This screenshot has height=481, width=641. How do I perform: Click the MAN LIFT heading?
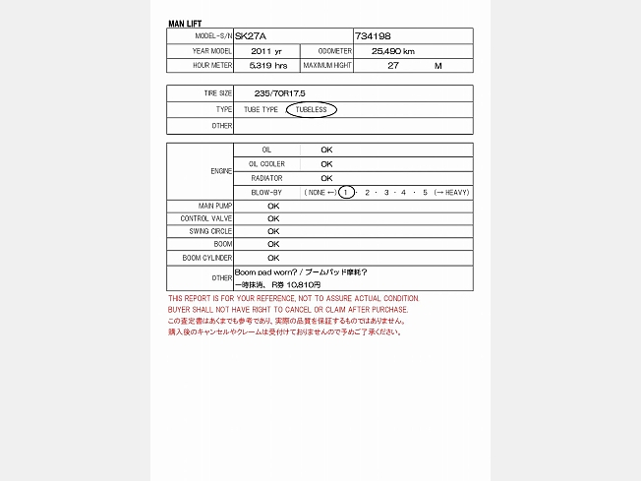(186, 23)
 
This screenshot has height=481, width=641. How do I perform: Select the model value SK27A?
(252, 36)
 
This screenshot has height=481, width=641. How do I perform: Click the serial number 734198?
(373, 36)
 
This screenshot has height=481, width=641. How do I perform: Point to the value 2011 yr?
(266, 51)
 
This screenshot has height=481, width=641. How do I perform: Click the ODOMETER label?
(335, 51)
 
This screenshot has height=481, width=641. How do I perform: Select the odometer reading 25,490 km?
(392, 51)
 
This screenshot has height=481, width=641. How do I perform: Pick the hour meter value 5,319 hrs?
(268, 66)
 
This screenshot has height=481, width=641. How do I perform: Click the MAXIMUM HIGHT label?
(327, 66)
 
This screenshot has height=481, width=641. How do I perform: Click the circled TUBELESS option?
(311, 110)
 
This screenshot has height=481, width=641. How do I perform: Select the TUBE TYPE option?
(262, 110)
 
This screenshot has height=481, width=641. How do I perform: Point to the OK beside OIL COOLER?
(326, 164)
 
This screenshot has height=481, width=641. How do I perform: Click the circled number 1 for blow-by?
(346, 193)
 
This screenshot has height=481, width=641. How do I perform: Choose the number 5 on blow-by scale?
(425, 193)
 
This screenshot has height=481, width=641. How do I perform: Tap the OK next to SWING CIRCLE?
(273, 231)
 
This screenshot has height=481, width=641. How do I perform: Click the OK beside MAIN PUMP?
(273, 207)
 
